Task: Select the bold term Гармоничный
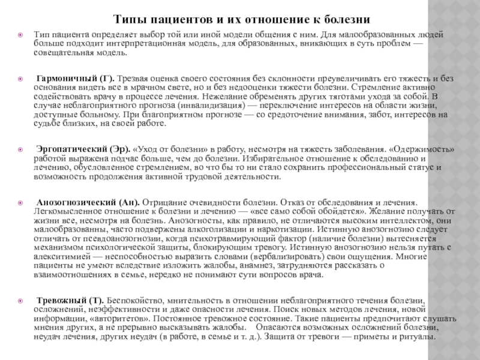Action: coord(64,79)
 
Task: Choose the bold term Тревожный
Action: coord(61,299)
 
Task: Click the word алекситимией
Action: coord(59,256)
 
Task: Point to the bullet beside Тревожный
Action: coord(20,300)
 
